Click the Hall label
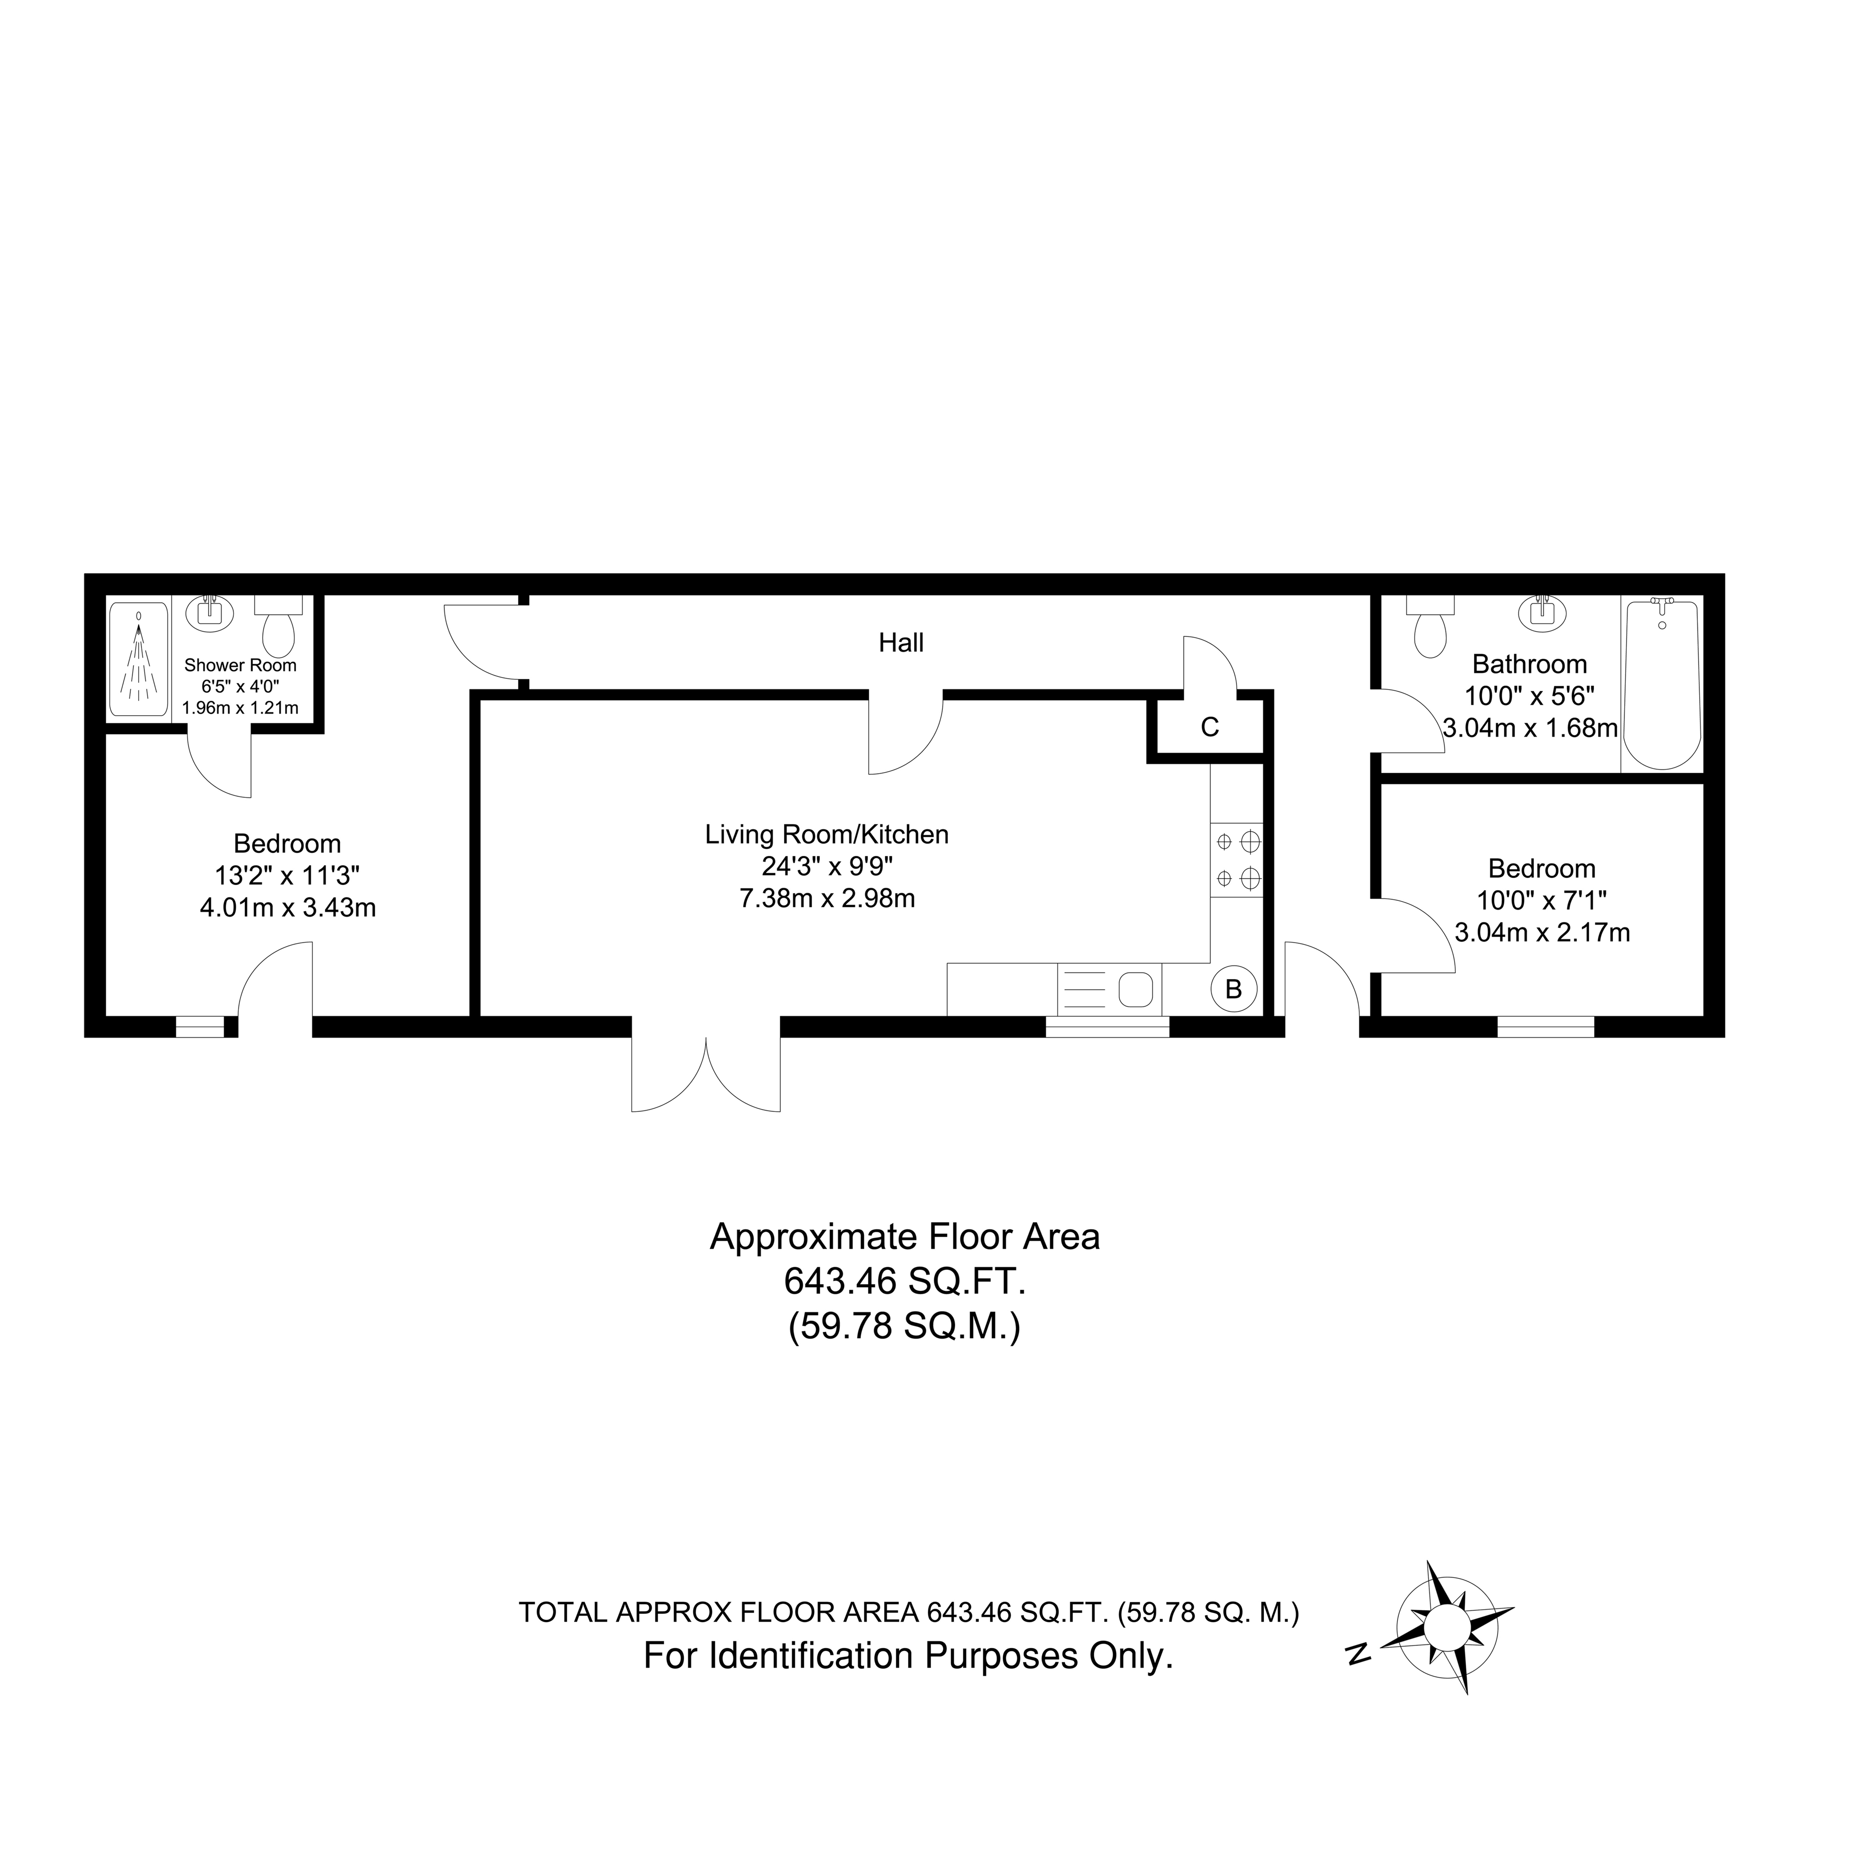(901, 643)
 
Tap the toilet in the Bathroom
(1430, 626)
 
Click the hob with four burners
(1237, 861)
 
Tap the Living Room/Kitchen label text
(827, 835)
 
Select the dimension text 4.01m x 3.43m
(288, 908)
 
